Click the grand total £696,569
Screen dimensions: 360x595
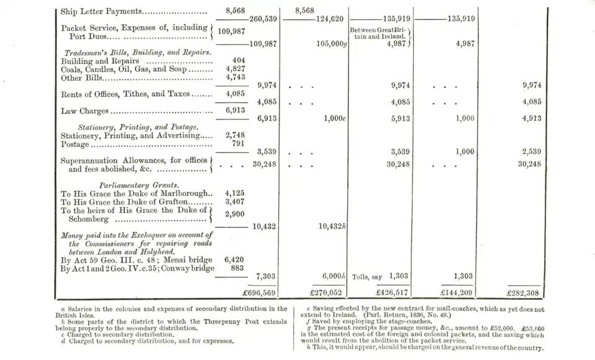(259, 293)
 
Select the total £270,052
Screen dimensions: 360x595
(327, 293)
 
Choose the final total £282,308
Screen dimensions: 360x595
(524, 293)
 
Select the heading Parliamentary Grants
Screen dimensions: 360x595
(139, 185)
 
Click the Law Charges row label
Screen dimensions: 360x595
(85, 111)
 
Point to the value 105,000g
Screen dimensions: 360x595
(331, 44)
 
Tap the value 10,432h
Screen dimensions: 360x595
(332, 227)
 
